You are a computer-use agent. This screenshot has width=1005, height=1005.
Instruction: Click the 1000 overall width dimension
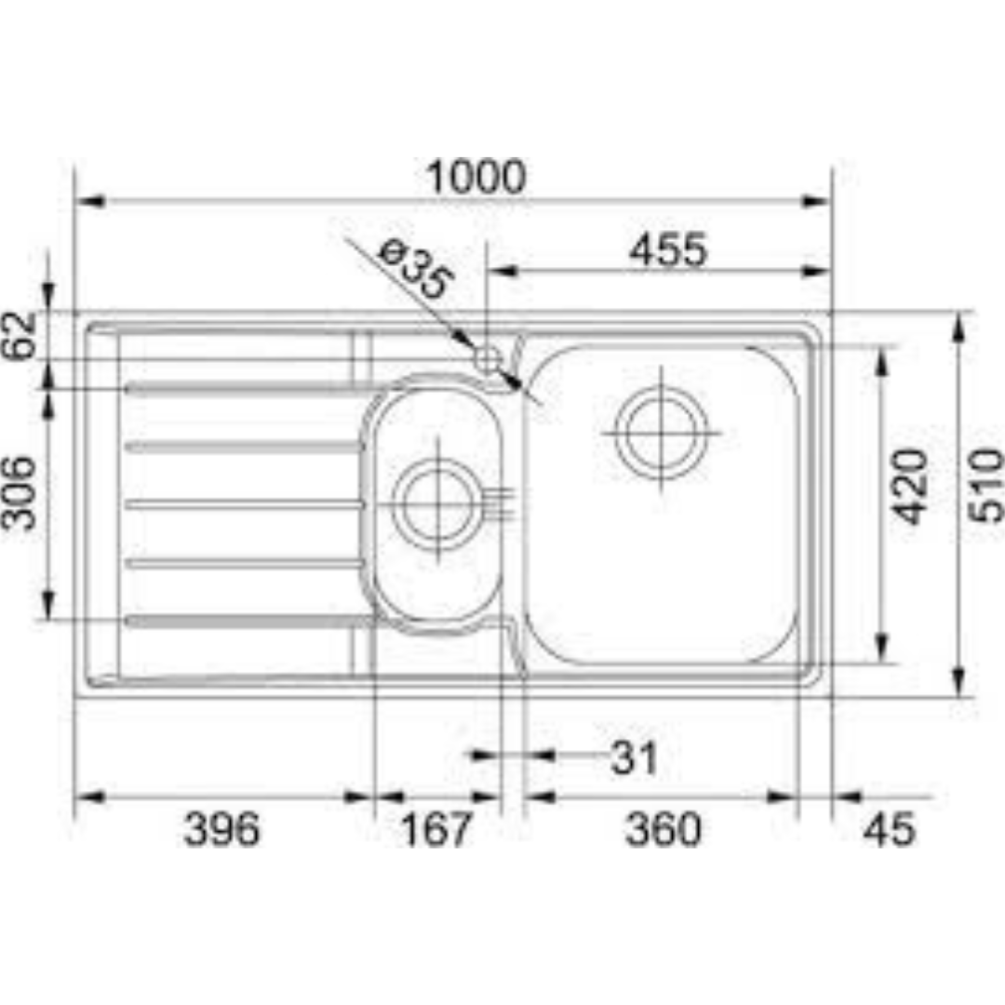coord(476,178)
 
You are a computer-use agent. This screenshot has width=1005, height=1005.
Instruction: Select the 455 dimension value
coord(667,250)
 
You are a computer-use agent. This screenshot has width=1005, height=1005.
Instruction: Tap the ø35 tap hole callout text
coord(415,270)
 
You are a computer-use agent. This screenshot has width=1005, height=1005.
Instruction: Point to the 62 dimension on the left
coord(20,335)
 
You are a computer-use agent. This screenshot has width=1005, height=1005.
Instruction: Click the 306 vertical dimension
coord(20,492)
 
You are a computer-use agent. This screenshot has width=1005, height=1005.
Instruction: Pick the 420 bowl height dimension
coord(911,486)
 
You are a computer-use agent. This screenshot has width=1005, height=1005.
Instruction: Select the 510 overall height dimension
coord(985,486)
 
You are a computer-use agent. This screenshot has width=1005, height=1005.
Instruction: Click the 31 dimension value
coord(635,759)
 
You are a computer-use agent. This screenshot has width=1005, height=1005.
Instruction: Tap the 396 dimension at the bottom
coord(221,829)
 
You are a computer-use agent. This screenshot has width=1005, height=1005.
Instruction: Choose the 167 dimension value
coord(437,829)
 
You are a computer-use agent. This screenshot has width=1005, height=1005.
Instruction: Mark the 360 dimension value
coord(663,829)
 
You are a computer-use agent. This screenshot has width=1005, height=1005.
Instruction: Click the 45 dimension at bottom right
coord(889,829)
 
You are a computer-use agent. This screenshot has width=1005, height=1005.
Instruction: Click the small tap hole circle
coord(488,358)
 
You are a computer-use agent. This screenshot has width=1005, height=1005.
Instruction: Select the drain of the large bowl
coord(662,434)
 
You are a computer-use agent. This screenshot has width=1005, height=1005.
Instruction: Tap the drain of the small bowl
coord(436,503)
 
